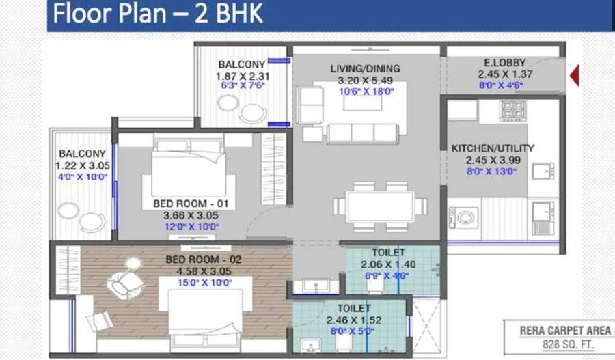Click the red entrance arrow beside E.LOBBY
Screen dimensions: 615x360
(x=575, y=76)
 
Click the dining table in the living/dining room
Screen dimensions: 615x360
(x=380, y=206)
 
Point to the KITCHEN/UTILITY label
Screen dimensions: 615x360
(x=493, y=148)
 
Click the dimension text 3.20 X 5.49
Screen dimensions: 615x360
(x=365, y=81)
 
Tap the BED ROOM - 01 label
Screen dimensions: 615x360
(x=191, y=204)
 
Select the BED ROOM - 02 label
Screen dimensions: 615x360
(x=204, y=259)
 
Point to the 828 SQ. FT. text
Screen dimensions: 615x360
(x=568, y=345)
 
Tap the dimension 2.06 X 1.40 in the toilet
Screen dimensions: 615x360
(x=388, y=265)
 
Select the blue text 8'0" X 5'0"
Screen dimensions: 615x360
(x=352, y=331)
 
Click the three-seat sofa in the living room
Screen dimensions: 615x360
(x=363, y=133)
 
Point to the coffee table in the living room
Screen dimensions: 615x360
(x=363, y=102)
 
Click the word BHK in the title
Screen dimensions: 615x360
(x=239, y=13)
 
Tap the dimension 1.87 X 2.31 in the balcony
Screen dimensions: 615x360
(x=243, y=76)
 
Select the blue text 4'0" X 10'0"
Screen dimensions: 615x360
(x=83, y=177)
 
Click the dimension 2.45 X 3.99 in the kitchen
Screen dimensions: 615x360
(x=493, y=160)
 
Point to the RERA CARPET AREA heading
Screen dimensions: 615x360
(x=565, y=331)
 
